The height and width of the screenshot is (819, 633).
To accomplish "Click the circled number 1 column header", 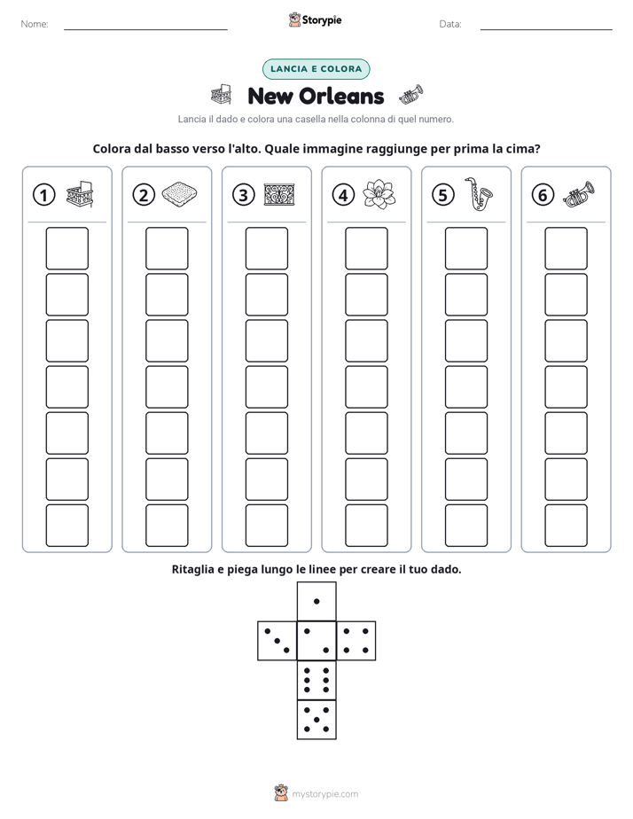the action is [43, 195].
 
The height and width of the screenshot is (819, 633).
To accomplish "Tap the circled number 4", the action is [343, 195].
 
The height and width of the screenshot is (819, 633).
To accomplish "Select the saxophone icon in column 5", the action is [478, 194].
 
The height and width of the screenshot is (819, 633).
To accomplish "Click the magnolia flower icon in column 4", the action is [379, 194].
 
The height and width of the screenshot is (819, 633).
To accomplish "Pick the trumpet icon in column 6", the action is [579, 194].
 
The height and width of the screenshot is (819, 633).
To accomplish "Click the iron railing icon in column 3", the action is [279, 194].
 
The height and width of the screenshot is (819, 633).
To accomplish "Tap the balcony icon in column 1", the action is [80, 194].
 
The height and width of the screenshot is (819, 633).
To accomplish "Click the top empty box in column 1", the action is [66, 248].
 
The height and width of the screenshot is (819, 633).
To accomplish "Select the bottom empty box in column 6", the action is [566, 525].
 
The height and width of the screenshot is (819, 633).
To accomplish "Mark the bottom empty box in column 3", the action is [266, 525].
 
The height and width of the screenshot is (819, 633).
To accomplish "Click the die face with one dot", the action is [316, 601].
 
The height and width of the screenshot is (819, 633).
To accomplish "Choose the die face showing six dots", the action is [316, 680].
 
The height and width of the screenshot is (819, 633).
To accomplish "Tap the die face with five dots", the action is [316, 720].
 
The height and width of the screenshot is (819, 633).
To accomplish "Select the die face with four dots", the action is [356, 641].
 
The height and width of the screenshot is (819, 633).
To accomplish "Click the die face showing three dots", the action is [277, 641].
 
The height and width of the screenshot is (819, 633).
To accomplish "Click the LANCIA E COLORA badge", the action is [316, 69].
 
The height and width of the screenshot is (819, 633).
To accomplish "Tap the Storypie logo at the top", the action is [315, 19].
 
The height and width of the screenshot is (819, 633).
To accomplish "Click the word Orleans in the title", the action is [342, 96].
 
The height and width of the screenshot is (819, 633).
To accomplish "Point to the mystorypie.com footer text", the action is [324, 794].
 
